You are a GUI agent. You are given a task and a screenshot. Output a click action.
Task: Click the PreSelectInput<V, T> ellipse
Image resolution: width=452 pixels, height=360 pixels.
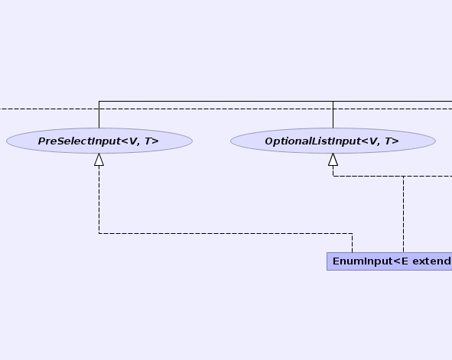point(99,141)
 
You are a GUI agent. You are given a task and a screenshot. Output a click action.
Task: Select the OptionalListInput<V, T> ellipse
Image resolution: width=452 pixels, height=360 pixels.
point(333,141)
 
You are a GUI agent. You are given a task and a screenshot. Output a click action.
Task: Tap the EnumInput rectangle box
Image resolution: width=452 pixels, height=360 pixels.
point(389,261)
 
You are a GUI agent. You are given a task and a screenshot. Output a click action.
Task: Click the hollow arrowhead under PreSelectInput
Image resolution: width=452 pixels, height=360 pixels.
point(99,160)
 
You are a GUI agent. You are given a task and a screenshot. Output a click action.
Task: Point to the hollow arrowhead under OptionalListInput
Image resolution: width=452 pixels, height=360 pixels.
point(333,160)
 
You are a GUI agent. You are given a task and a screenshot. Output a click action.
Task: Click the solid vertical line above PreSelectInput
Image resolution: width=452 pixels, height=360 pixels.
point(99,115)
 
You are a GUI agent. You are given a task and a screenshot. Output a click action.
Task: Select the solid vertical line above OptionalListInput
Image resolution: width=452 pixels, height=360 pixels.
point(333,115)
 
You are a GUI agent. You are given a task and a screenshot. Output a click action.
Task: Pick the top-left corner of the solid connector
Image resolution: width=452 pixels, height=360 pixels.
point(99,101)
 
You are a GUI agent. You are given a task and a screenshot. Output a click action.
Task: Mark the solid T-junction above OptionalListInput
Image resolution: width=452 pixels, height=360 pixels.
point(333,101)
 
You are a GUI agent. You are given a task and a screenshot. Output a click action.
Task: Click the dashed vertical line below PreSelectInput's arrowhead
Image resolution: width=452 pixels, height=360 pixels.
point(99,199)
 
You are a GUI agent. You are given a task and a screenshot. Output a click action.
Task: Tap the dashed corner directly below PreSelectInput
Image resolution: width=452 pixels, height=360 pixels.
point(99,233)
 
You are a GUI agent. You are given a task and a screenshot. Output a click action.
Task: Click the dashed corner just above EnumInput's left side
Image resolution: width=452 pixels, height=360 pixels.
point(352,233)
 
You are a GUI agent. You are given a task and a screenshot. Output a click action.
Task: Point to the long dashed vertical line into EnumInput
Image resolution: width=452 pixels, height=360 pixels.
point(403,214)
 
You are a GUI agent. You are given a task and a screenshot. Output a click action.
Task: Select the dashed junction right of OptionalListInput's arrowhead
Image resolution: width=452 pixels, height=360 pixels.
point(403,177)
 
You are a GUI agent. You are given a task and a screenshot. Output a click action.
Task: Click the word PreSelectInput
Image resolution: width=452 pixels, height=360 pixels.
point(78,141)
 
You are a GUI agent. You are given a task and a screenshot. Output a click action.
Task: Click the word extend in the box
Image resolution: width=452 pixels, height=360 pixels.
point(432,261)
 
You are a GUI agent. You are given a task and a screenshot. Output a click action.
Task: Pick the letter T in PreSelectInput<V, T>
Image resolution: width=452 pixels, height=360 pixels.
point(148,141)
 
